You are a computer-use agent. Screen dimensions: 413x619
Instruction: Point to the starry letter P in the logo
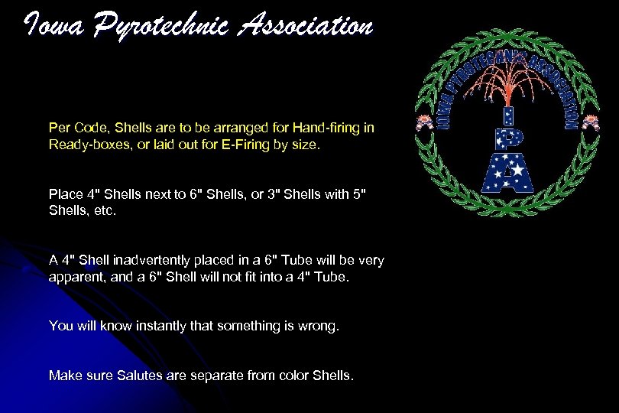(506, 139)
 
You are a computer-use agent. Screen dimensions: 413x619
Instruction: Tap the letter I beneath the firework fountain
(505, 115)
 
